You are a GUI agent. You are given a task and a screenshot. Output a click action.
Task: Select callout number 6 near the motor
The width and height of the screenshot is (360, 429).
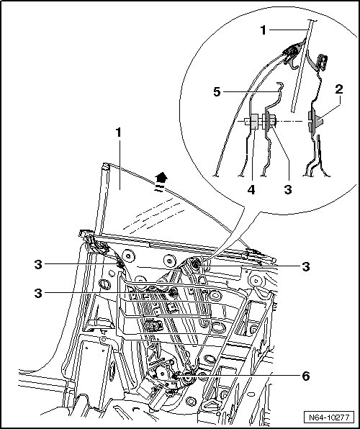pyautogui.click(x=305, y=376)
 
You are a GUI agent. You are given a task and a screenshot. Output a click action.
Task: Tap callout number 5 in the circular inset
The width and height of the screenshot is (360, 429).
pyautogui.click(x=217, y=91)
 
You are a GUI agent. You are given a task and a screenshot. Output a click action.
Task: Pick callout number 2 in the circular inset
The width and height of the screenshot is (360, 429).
pyautogui.click(x=339, y=89)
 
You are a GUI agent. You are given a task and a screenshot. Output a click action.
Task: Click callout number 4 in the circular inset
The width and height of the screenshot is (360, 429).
pyautogui.click(x=251, y=189)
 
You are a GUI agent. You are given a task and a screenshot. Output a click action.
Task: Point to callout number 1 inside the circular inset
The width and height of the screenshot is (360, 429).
pyautogui.click(x=263, y=30)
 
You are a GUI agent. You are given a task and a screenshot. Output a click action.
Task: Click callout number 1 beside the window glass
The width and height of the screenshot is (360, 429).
pyautogui.click(x=118, y=132)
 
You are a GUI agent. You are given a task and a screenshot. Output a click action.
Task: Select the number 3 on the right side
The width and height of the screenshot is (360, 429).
pyautogui.click(x=306, y=266)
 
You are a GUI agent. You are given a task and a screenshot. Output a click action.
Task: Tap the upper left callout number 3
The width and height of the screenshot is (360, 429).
pyautogui.click(x=38, y=265)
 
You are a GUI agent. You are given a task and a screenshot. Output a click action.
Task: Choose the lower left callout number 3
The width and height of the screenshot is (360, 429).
pyautogui.click(x=38, y=293)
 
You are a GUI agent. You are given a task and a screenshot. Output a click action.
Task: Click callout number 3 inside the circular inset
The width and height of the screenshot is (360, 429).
pyautogui.click(x=288, y=189)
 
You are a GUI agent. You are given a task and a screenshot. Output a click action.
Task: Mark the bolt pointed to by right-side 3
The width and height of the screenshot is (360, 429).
pyautogui.click(x=196, y=264)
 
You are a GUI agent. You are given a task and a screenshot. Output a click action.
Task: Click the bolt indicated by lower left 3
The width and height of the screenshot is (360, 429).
pyautogui.click(x=173, y=292)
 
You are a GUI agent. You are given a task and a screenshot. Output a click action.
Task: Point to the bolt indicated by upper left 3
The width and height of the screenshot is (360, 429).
pyautogui.click(x=120, y=264)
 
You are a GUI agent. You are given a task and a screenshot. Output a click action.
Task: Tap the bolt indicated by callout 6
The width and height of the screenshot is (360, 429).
pyautogui.click(x=175, y=376)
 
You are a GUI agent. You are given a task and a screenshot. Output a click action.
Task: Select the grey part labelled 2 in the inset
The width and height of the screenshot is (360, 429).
pyautogui.click(x=315, y=121)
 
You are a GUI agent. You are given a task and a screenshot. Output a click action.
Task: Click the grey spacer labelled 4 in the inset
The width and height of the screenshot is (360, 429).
pyautogui.click(x=254, y=122)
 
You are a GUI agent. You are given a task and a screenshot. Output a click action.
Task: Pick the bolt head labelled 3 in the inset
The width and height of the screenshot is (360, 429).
pyautogui.click(x=271, y=121)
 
